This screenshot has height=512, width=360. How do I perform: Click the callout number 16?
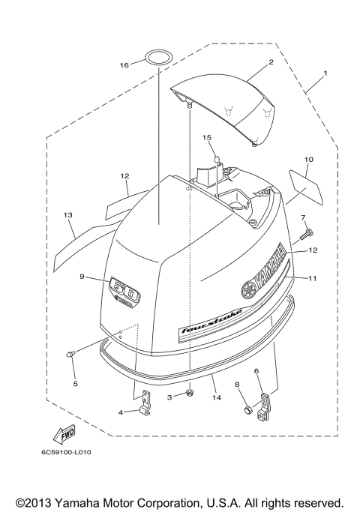(x=124, y=66)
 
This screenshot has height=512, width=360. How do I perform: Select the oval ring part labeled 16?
(x=157, y=57)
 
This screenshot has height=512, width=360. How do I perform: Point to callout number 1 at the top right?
(x=325, y=74)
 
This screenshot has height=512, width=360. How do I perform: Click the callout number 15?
(x=207, y=138)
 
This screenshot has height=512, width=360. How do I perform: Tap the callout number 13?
(x=67, y=215)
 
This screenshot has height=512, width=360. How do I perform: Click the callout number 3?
(x=170, y=396)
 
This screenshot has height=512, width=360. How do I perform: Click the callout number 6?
(x=256, y=370)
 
